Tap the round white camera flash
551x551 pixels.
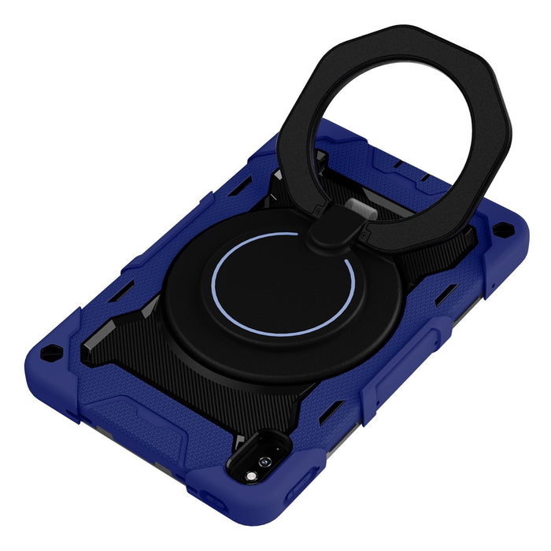tap(251, 476)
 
